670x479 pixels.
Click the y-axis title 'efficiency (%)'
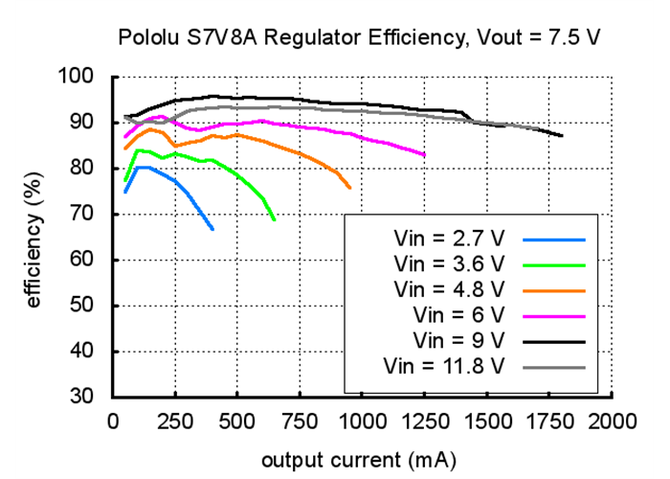pos(34,236)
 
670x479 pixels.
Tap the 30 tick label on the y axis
pos(80,397)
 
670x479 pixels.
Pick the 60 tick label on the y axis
pos(80,260)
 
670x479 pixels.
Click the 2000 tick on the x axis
pos(613,420)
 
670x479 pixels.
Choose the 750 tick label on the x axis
pos(300,420)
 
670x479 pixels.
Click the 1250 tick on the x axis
pos(425,420)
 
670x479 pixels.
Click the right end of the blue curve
pos(212,229)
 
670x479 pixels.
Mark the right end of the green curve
pos(275,219)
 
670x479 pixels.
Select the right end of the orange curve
pos(349,188)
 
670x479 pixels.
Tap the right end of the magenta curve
pos(424,154)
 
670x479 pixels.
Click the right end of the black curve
pos(562,136)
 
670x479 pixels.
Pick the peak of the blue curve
pos(142,167)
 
